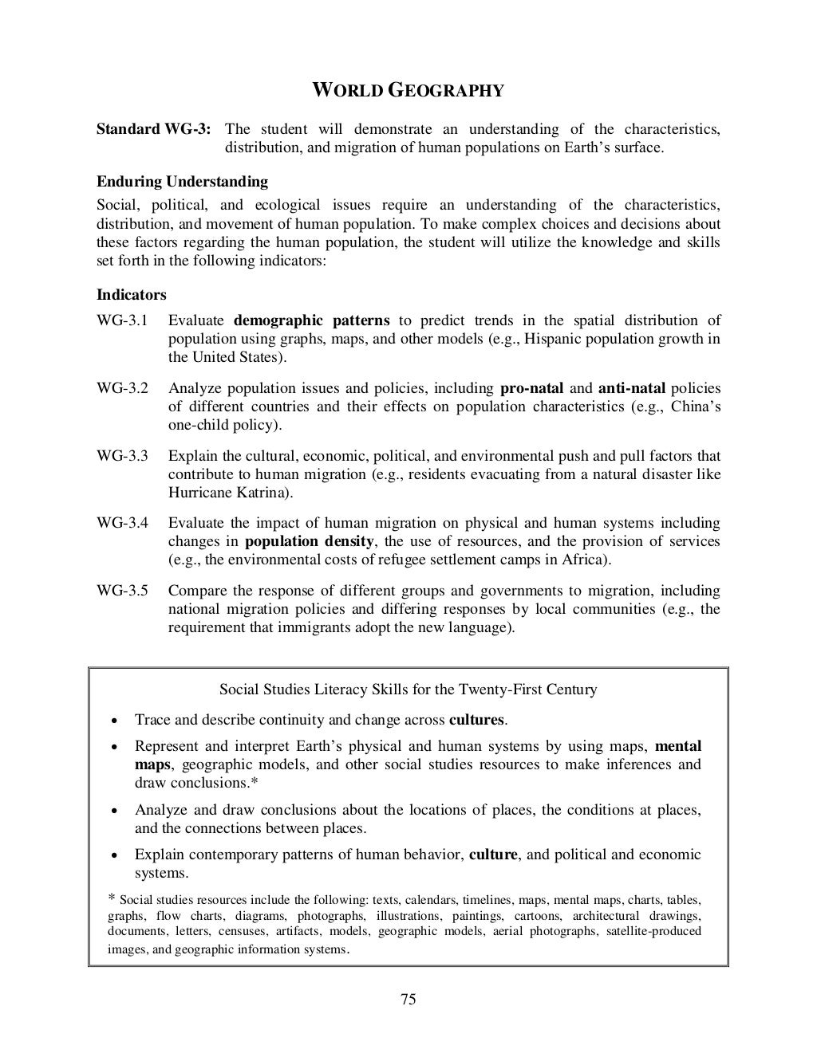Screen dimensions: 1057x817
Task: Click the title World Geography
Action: click(x=407, y=90)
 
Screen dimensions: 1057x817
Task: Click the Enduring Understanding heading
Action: click(x=182, y=182)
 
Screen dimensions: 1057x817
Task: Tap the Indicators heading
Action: click(x=132, y=295)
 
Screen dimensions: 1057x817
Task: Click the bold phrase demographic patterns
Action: click(x=312, y=320)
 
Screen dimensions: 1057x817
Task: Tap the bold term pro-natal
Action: click(x=531, y=389)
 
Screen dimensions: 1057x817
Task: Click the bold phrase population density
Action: click(x=309, y=542)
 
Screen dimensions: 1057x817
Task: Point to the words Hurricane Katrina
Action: click(x=228, y=493)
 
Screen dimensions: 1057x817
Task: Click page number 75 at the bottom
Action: click(x=408, y=1000)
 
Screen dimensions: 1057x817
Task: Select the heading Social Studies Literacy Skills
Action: click(x=408, y=690)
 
